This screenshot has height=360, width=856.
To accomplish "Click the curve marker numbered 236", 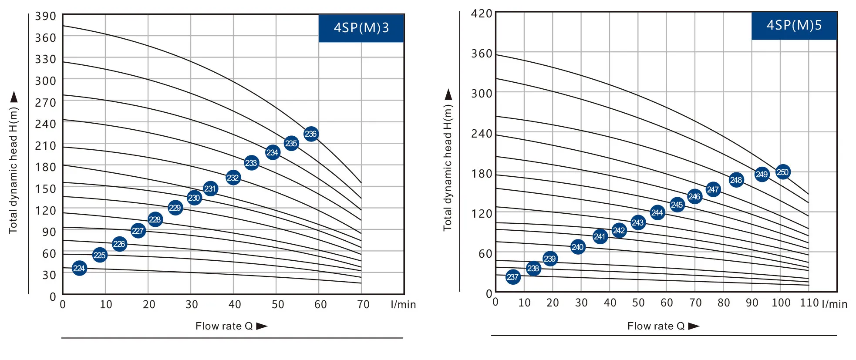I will [x=310, y=134].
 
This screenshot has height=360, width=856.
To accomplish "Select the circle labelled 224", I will [x=79, y=268].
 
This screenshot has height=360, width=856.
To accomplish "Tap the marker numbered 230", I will [x=194, y=198].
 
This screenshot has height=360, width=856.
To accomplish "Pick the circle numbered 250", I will [x=782, y=172].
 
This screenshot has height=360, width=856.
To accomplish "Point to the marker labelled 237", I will [x=513, y=277].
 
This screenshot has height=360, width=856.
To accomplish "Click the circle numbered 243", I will [x=638, y=223].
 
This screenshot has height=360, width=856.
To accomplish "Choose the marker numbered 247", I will [x=713, y=189].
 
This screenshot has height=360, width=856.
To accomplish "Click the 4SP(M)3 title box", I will [x=361, y=28].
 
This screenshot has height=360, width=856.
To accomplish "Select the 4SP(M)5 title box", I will [x=794, y=26].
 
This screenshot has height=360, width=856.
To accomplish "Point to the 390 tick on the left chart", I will [x=46, y=17].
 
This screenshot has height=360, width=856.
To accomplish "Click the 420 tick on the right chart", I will [x=482, y=14].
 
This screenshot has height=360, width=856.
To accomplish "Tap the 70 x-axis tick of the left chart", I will [x=363, y=304].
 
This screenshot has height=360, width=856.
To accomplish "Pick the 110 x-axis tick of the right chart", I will [x=809, y=303].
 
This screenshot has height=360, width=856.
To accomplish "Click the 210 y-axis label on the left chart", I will [x=46, y=146].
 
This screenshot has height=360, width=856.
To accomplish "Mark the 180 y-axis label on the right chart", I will [x=482, y=174].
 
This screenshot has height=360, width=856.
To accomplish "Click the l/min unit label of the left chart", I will [x=403, y=305].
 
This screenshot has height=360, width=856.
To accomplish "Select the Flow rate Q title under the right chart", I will [x=656, y=326].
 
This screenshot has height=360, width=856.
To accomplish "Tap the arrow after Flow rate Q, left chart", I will [x=262, y=326].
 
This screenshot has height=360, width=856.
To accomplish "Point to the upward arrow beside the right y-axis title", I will [x=448, y=94].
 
